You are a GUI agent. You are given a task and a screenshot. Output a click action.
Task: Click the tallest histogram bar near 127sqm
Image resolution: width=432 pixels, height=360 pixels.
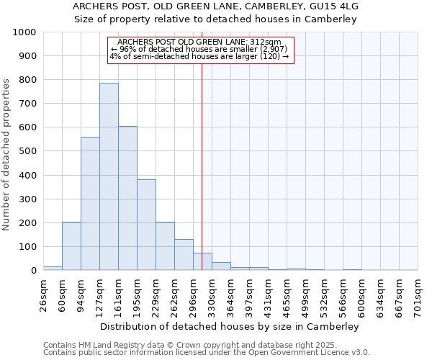coord(109,176)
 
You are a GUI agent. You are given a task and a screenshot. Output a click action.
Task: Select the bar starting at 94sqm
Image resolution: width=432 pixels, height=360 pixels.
coord(90,204)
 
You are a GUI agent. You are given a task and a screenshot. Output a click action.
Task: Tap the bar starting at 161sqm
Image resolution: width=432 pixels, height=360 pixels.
coord(127,198)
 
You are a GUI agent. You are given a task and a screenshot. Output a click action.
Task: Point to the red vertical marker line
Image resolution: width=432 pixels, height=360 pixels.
coord(202,166)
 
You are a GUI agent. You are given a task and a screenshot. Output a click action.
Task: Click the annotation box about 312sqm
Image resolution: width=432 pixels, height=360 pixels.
coord(201,50)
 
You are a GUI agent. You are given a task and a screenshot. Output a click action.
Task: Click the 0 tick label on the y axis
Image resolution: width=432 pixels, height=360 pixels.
coord(34,271)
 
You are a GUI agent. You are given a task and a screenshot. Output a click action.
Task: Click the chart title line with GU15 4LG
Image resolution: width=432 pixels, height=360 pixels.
coord(216,6)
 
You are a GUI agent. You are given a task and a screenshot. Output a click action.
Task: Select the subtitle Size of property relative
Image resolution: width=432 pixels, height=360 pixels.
coord(216,19)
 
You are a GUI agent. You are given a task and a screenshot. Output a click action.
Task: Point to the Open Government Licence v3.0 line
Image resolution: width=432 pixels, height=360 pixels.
coord(207,353)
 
